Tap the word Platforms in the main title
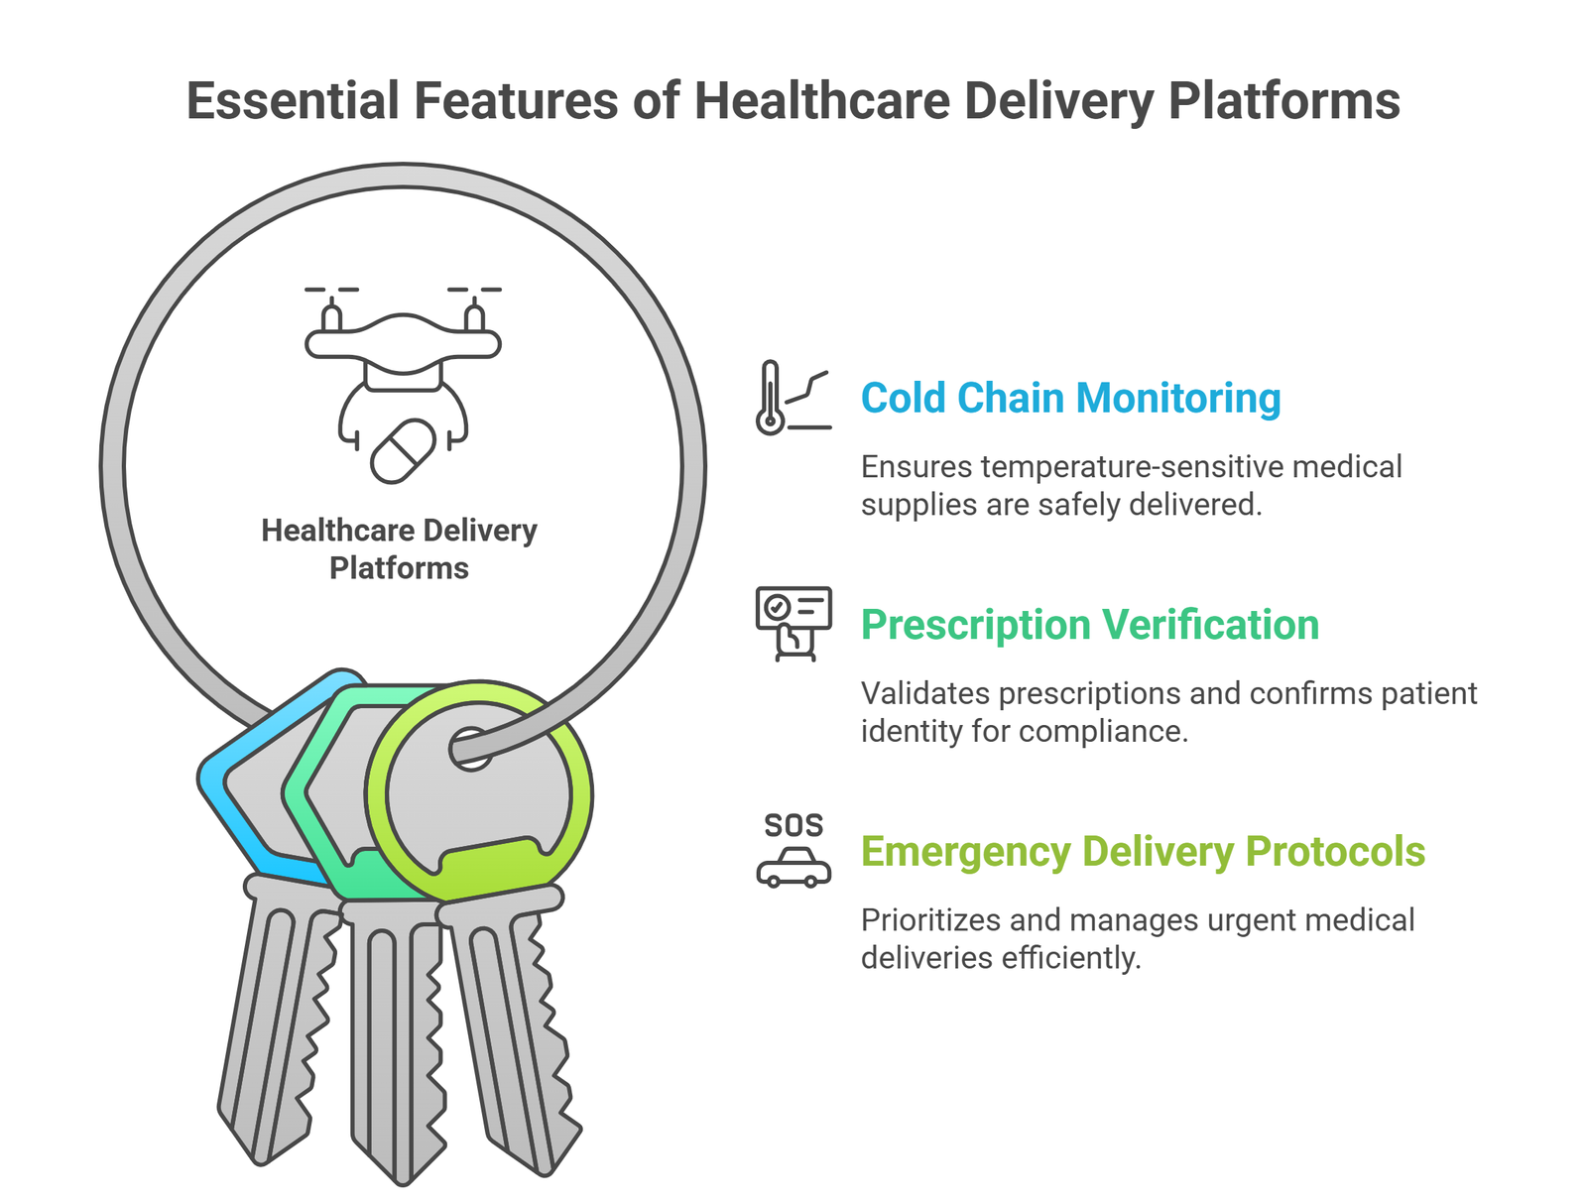1283,101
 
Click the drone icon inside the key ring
403,342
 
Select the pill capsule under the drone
403,451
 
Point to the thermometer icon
771,399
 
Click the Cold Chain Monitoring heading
1070,399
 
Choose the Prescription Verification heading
1089,625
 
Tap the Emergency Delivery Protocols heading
1143,852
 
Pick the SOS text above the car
793,825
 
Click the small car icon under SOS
793,867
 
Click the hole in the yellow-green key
472,748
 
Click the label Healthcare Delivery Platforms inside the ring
399,549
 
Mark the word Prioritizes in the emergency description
930,920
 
